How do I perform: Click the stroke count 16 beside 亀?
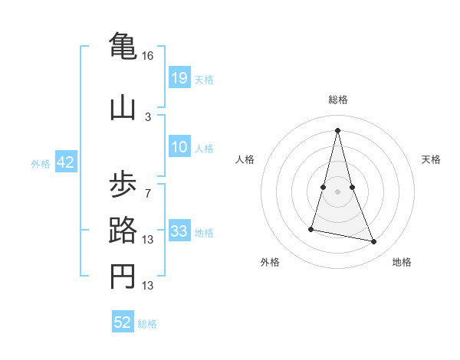pyautogui.click(x=148, y=56)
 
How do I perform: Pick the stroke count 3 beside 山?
pyautogui.click(x=148, y=116)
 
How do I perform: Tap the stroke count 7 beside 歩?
pyautogui.click(x=148, y=192)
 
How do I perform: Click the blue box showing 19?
pyautogui.click(x=179, y=78)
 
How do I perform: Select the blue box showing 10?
pyautogui.click(x=179, y=148)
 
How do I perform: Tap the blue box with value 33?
pyautogui.click(x=179, y=231)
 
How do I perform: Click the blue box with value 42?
pyautogui.click(x=65, y=162)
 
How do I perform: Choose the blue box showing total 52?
pyautogui.click(x=123, y=322)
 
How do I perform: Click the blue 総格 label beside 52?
pyautogui.click(x=147, y=324)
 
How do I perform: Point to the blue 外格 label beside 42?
pyautogui.click(x=41, y=164)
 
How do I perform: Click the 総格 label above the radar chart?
pyautogui.click(x=337, y=100)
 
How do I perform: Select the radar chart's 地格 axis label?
pyautogui.click(x=402, y=262)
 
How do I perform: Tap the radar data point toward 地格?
pyautogui.click(x=374, y=242)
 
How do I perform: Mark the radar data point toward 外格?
pyautogui.click(x=312, y=228)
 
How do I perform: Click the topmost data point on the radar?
pyautogui.click(x=337, y=130)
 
